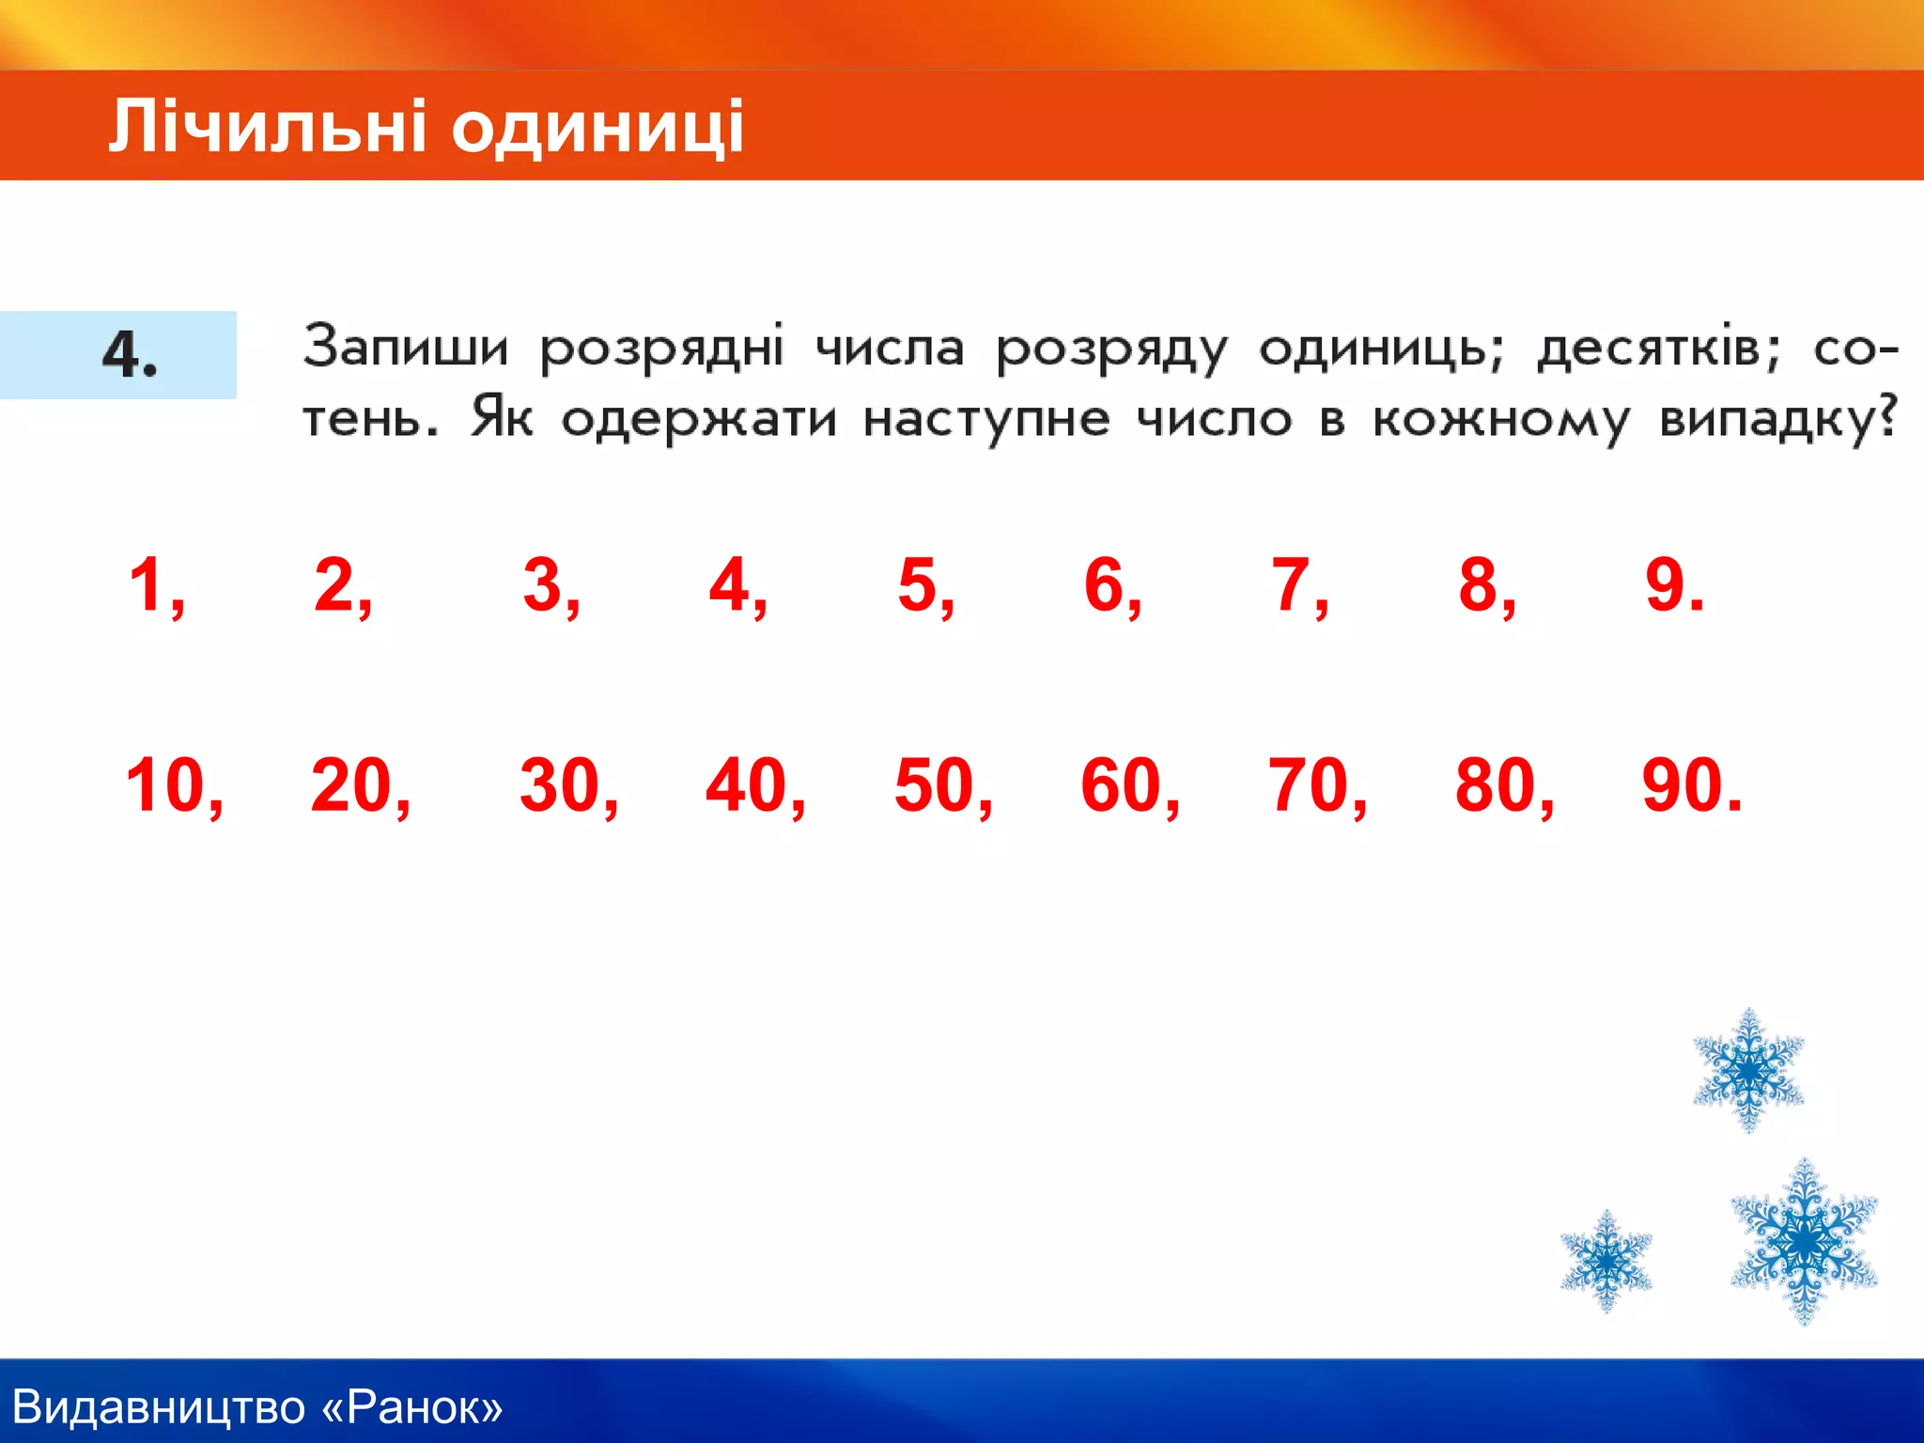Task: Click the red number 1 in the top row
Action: pos(147,584)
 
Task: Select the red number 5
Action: pos(918,584)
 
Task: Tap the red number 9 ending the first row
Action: pos(1665,584)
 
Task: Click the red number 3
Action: pos(542,584)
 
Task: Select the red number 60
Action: pos(1120,784)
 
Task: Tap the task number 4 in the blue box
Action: pos(128,355)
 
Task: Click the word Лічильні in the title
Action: pos(268,126)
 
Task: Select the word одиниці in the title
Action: pos(597,128)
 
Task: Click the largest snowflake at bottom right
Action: pos(1804,1242)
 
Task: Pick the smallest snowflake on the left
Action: pos(1606,1260)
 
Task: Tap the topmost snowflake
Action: pos(1748,1070)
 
